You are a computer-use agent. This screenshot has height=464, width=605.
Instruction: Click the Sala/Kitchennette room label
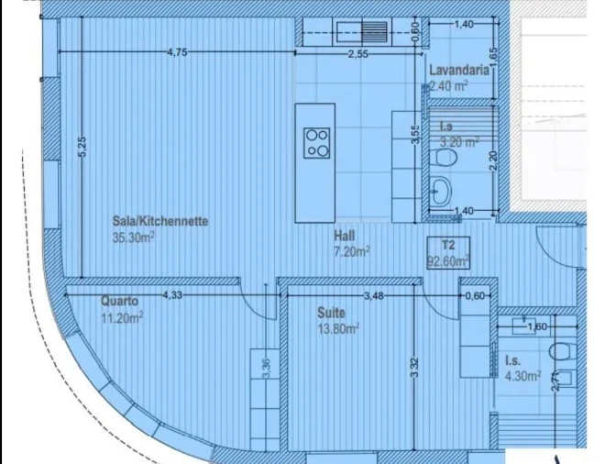pos(160,221)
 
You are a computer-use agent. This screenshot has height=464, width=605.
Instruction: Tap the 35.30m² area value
pos(133,236)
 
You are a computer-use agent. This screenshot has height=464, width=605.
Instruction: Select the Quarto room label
pos(119,301)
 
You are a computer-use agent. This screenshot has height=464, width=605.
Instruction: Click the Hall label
pos(346,235)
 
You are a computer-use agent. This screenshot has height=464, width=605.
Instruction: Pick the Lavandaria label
pos(456,71)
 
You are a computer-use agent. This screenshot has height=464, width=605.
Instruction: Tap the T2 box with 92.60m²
pos(448,252)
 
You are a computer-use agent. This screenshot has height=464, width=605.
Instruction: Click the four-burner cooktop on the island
pos(318,141)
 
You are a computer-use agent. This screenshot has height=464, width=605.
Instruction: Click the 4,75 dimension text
pos(177,52)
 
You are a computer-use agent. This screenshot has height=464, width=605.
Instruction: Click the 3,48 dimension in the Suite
pos(373,295)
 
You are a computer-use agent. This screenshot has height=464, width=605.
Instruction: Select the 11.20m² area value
pos(123,318)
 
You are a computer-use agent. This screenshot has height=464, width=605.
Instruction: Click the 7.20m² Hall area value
pos(350,250)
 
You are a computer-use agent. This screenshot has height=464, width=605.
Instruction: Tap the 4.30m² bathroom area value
pos(522,375)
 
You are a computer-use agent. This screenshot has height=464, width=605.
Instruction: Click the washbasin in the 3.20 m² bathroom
pos(442,190)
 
